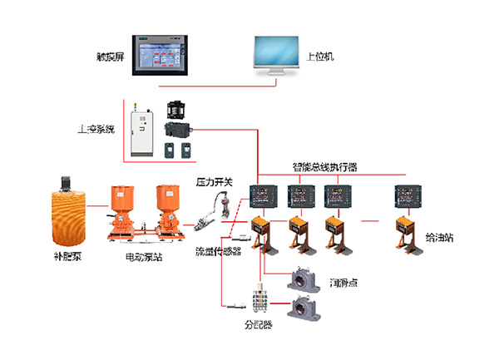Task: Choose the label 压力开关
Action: (x=212, y=180)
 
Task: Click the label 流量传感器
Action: (x=218, y=251)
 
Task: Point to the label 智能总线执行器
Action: (x=324, y=167)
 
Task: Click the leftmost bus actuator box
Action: (x=265, y=196)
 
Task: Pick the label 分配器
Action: (x=258, y=323)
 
